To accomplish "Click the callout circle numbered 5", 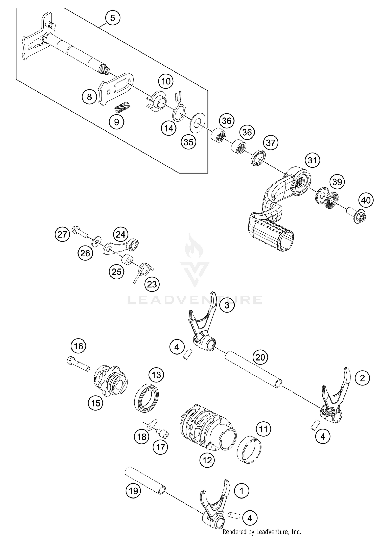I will point(112,18).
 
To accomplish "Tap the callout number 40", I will point(366,200).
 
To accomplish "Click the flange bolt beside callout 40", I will point(357,215).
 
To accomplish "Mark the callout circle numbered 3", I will point(227,305).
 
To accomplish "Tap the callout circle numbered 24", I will point(120,235).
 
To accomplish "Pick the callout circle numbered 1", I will point(242,491).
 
